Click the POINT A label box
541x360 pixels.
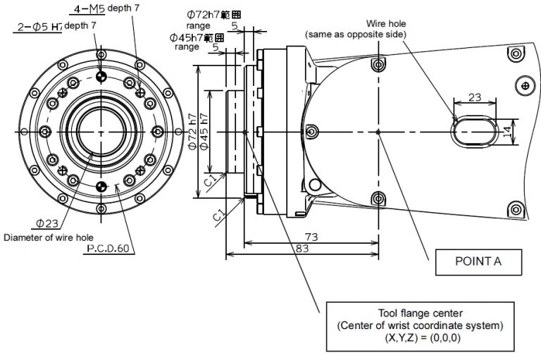(x=478, y=262)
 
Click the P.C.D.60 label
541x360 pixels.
(x=108, y=249)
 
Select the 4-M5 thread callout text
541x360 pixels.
(x=90, y=9)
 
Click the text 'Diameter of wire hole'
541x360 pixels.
(x=49, y=237)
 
